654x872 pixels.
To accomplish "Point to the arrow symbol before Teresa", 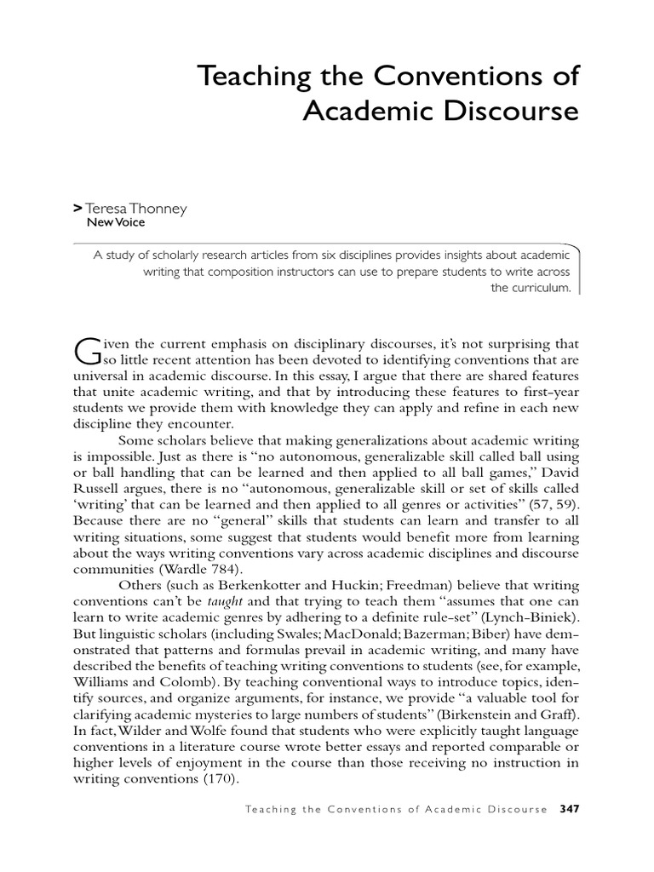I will click(x=78, y=207).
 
